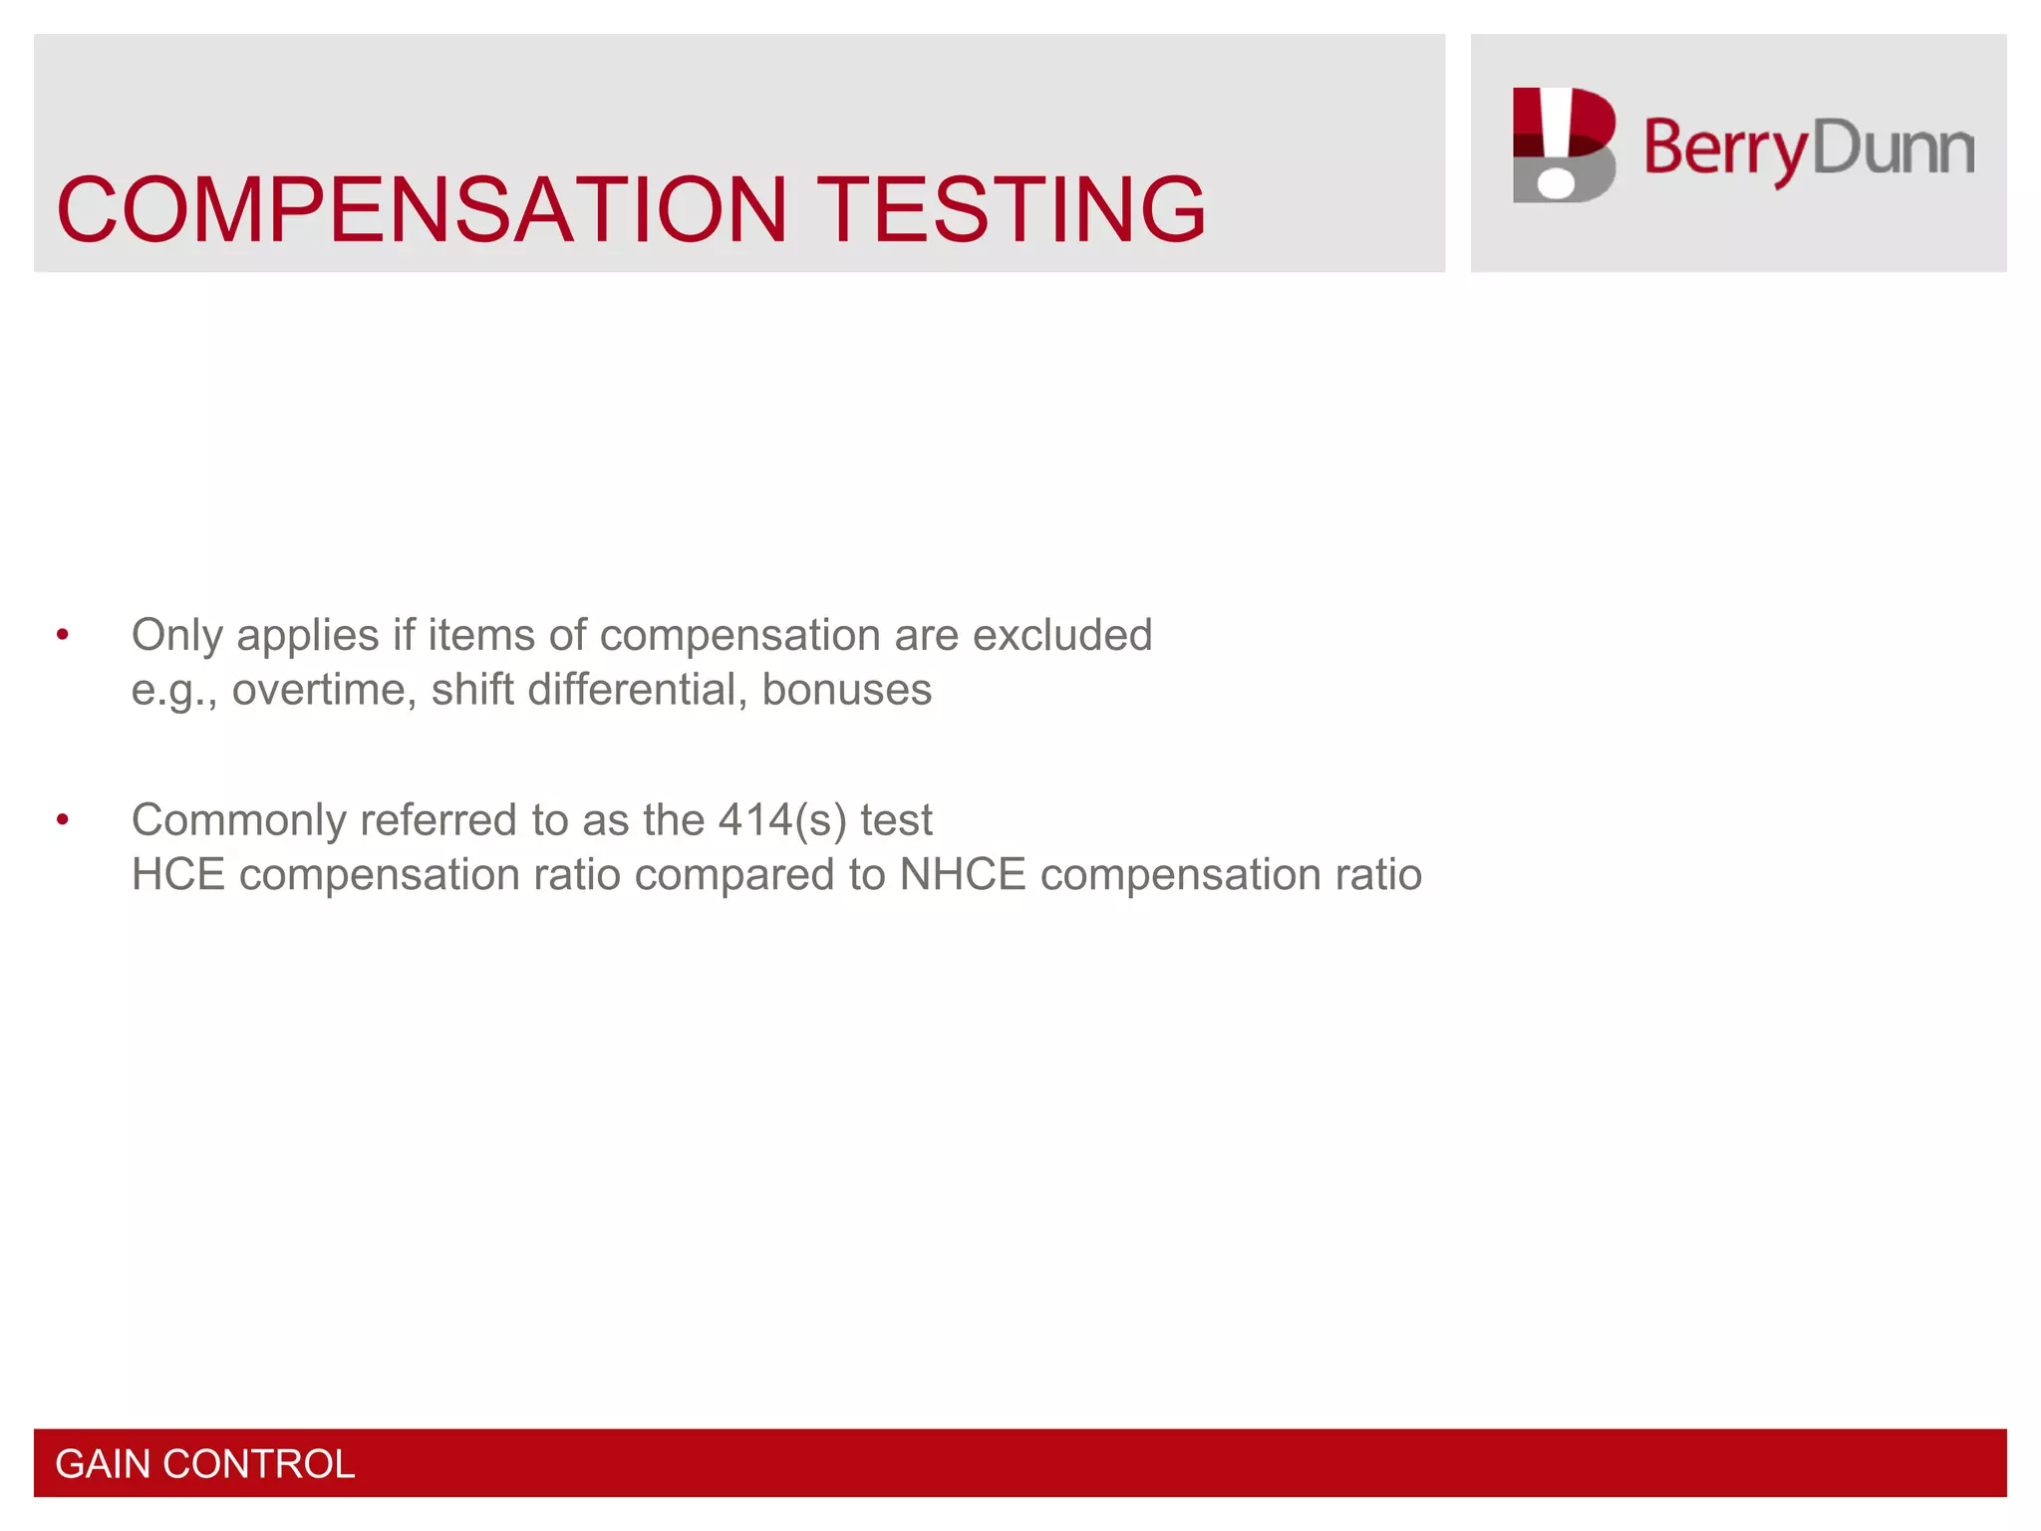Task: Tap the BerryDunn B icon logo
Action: [x=1563, y=146]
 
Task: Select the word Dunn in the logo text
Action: [x=1893, y=148]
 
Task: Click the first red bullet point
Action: [x=63, y=635]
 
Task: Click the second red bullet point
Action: [x=63, y=820]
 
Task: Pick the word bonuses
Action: [x=846, y=690]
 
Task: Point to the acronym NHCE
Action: [x=962, y=875]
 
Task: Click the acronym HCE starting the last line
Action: [x=178, y=875]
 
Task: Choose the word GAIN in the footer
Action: [x=102, y=1464]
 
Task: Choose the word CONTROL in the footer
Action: [x=258, y=1464]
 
